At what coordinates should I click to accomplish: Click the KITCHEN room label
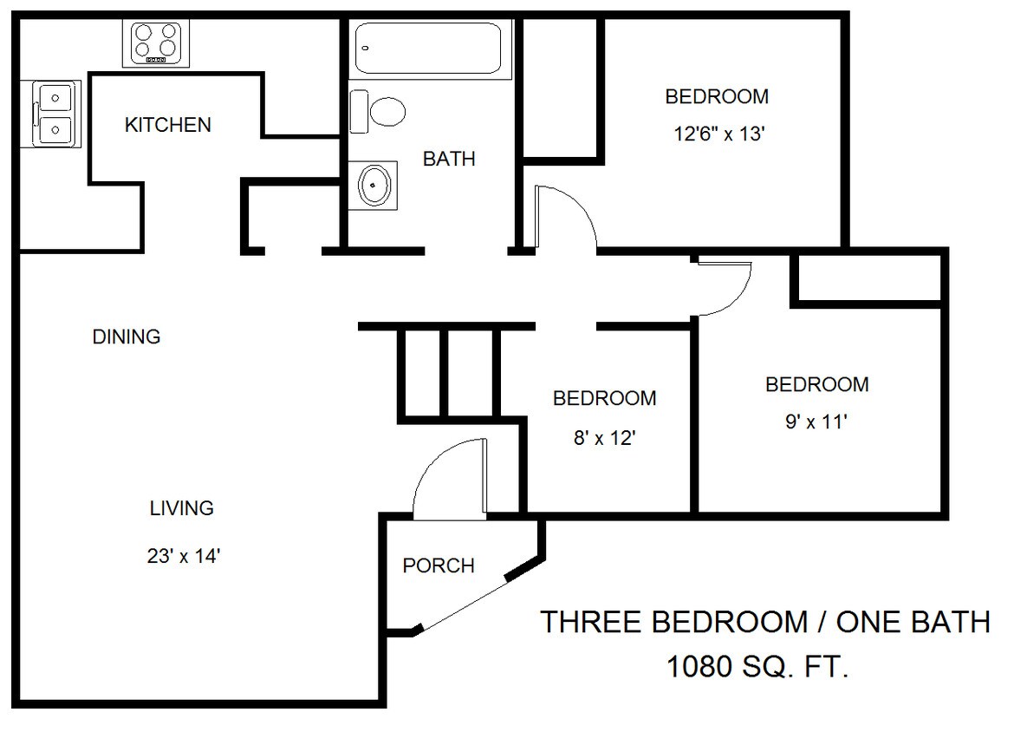click(x=168, y=124)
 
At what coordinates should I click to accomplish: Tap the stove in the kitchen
click(x=156, y=43)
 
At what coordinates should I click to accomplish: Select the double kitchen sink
click(x=50, y=114)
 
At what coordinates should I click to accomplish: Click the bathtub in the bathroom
click(x=428, y=49)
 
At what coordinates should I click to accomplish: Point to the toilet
click(x=378, y=111)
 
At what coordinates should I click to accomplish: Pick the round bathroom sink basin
click(x=374, y=185)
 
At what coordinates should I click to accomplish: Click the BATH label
click(x=449, y=159)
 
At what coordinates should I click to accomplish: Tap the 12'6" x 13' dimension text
click(x=719, y=134)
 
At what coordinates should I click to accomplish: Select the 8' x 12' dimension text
click(x=605, y=438)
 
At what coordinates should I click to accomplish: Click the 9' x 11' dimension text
click(x=816, y=422)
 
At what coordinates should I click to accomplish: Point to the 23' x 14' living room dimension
click(x=185, y=555)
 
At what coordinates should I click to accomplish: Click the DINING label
click(x=127, y=337)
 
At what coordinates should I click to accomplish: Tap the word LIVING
click(x=182, y=508)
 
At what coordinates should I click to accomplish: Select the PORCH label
click(x=439, y=565)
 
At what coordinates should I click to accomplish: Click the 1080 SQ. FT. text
click(x=757, y=666)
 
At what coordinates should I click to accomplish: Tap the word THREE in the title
click(x=591, y=622)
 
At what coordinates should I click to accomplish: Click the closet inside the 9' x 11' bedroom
click(x=868, y=278)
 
